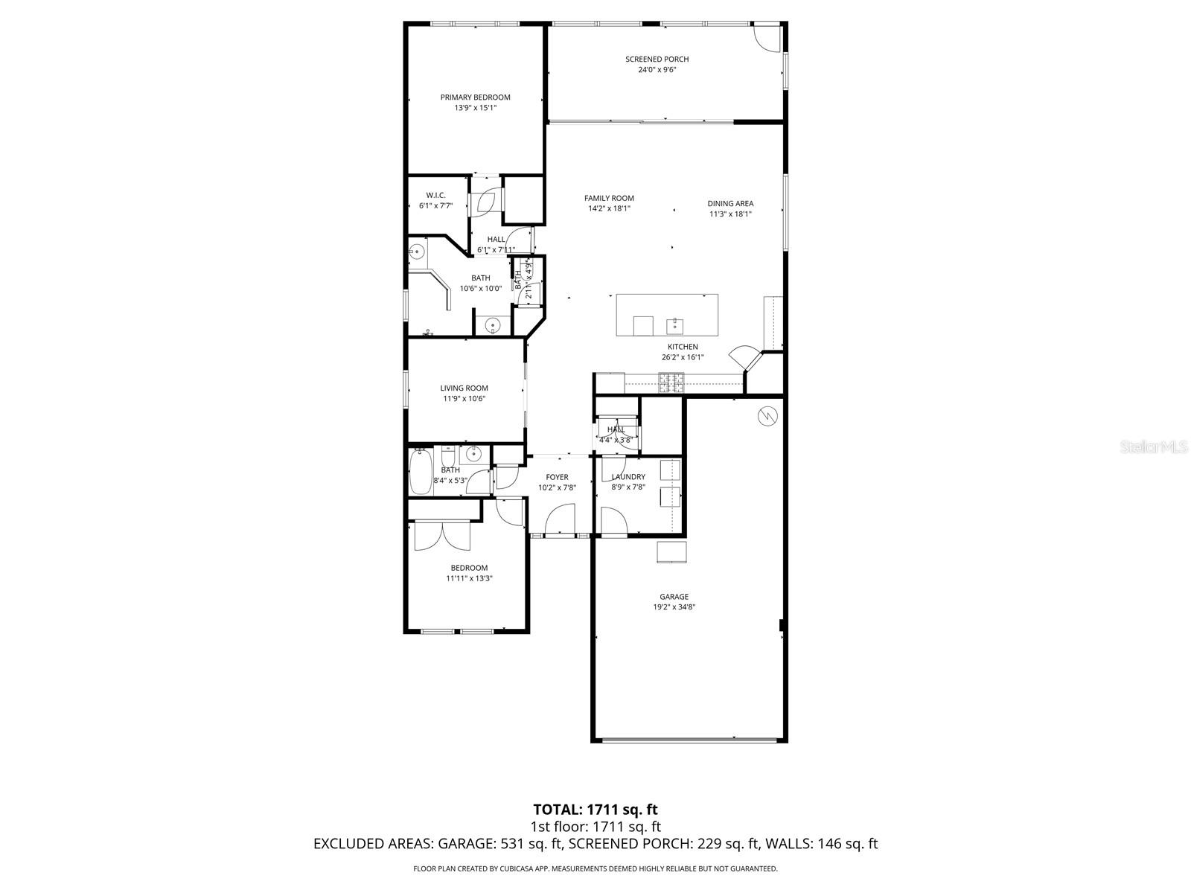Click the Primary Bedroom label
(475, 97)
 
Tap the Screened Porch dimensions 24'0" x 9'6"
(657, 70)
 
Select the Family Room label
(609, 198)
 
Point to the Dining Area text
(730, 203)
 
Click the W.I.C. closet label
(435, 195)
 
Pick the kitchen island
(667, 315)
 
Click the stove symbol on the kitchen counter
(671, 383)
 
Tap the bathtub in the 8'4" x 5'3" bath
(421, 472)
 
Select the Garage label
(674, 596)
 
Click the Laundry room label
(628, 477)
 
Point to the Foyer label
(557, 477)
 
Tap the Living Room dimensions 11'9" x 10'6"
(464, 398)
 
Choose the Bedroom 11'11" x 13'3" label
(469, 568)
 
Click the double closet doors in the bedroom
(442, 535)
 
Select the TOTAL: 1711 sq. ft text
(595, 809)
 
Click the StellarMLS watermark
(1157, 447)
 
